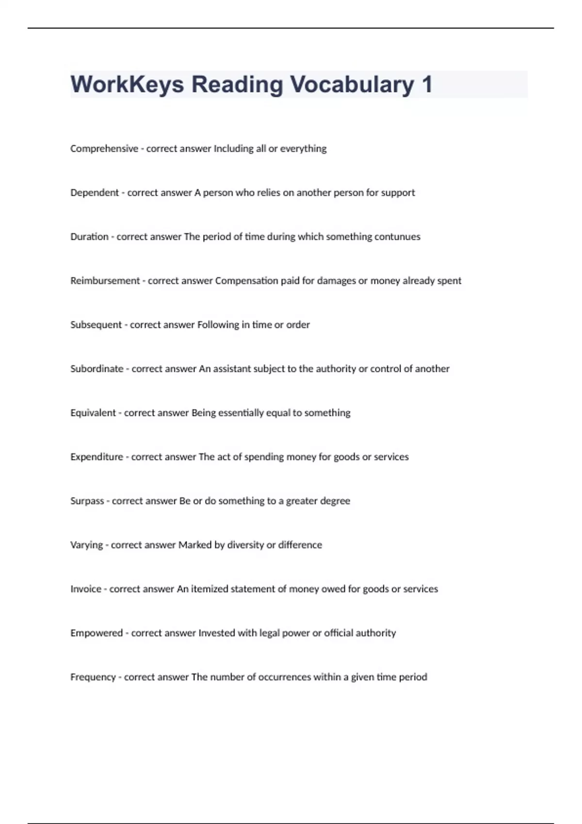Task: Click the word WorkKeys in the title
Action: (127, 84)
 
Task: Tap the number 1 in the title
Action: (427, 84)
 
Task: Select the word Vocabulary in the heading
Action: (352, 84)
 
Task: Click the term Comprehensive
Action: (104, 149)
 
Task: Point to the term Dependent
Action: (95, 193)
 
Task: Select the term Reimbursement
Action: (105, 281)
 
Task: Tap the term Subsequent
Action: (96, 325)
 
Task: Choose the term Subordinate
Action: (97, 369)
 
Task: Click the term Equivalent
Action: (93, 413)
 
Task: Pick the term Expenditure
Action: (97, 457)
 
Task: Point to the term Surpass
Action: (87, 501)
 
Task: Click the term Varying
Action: (87, 545)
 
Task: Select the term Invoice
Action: (86, 589)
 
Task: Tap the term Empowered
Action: (97, 634)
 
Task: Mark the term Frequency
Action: (93, 677)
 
